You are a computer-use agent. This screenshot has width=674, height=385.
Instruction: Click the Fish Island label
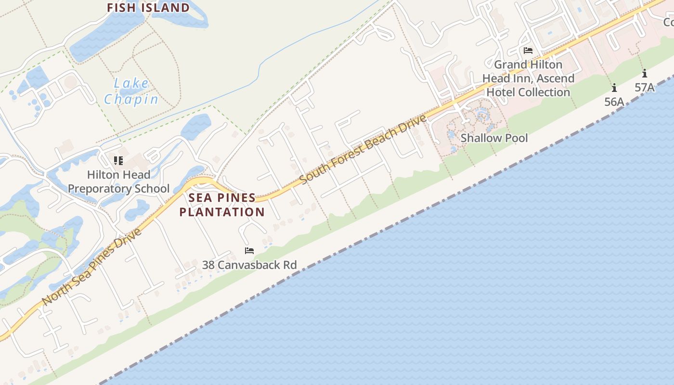[148, 8]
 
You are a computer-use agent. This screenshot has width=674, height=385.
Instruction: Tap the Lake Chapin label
[131, 91]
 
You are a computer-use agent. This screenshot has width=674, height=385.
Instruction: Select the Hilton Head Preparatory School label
[118, 181]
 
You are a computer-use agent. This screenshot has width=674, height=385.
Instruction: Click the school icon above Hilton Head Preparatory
[118, 160]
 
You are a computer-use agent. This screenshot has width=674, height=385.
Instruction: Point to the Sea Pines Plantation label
[222, 205]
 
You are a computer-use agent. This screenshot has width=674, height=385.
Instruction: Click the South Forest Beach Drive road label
[363, 149]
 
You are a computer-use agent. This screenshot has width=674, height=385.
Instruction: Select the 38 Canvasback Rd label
[249, 265]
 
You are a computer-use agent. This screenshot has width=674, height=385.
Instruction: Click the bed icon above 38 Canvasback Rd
[249, 251]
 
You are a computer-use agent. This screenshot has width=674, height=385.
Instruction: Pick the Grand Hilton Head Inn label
[528, 78]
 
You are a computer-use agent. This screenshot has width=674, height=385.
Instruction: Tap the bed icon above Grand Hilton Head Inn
[528, 51]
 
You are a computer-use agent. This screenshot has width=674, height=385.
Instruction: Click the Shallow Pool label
[494, 138]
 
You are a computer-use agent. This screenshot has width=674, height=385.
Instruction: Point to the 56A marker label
[614, 102]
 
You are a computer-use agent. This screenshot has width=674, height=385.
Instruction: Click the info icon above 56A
[614, 88]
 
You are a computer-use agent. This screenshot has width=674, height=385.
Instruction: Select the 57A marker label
[644, 87]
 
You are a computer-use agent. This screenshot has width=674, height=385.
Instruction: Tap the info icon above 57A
[644, 74]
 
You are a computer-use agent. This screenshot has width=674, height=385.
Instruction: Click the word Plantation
[222, 212]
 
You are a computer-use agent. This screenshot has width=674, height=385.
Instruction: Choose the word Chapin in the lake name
[131, 99]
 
